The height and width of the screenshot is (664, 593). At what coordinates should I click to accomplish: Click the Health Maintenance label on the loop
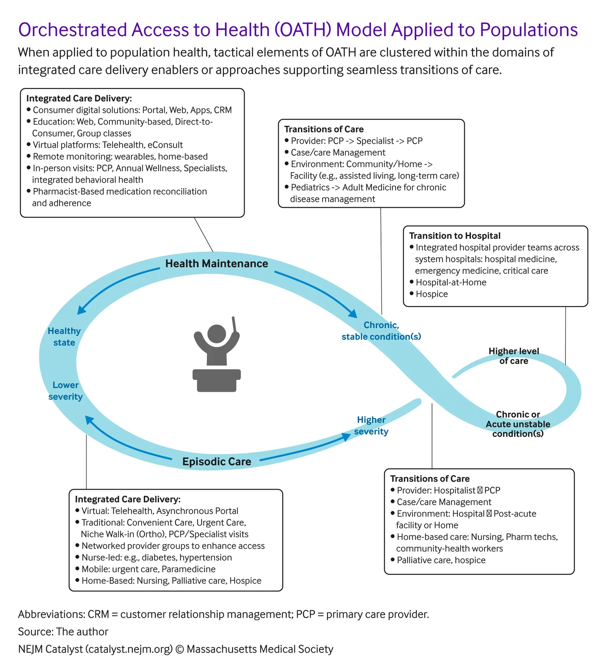click(x=217, y=264)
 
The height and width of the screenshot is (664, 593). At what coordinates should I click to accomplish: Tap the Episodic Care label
click(x=217, y=462)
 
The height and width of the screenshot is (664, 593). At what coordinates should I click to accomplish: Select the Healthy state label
click(x=64, y=337)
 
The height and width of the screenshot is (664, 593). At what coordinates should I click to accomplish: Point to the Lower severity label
click(x=66, y=391)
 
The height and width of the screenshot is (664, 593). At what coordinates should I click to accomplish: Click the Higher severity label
click(x=371, y=425)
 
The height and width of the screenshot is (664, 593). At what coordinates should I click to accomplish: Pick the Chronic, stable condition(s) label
click(x=381, y=331)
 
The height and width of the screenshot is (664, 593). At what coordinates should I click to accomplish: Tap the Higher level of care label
click(x=514, y=356)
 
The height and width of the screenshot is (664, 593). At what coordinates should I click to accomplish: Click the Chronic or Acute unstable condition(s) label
click(x=518, y=424)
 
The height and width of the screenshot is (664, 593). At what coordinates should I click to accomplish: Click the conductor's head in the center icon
click(x=217, y=334)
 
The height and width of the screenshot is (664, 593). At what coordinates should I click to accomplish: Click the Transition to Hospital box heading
click(x=455, y=236)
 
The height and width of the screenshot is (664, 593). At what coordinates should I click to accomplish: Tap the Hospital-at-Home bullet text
click(x=451, y=282)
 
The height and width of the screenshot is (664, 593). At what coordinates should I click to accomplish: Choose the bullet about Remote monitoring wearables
click(x=120, y=157)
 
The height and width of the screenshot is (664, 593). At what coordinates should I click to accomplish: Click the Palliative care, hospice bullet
click(x=441, y=560)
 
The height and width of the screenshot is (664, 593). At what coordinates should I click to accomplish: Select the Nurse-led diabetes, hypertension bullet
click(x=157, y=558)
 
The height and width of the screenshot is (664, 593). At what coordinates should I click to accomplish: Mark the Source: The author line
click(x=63, y=632)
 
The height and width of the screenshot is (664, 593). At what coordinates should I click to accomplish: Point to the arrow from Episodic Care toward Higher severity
click(x=305, y=449)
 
